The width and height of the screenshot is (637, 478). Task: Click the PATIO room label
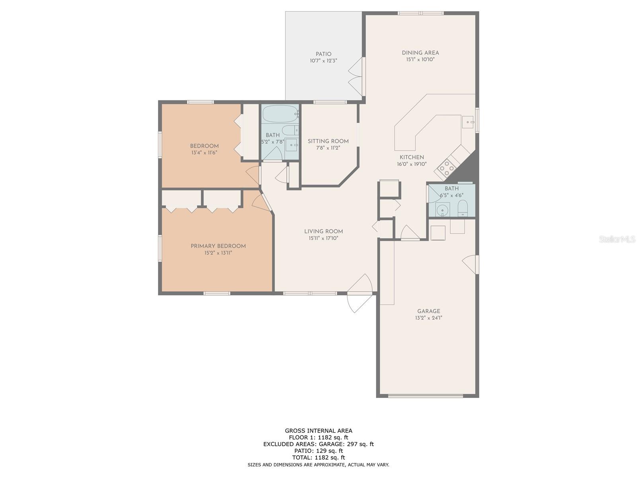tap(323, 54)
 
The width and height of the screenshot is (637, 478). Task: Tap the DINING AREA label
tap(420, 53)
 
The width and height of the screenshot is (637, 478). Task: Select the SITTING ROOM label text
tap(328, 141)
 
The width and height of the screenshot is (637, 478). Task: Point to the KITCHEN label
tap(412, 157)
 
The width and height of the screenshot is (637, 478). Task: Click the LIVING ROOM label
tap(324, 231)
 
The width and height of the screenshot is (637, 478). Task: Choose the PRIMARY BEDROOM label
tap(218, 246)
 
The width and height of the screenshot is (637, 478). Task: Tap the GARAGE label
tap(429, 311)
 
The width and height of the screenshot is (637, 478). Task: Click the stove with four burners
tap(446, 168)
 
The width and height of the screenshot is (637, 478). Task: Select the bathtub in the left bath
tap(280, 114)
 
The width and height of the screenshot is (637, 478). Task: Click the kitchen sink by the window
tap(467, 122)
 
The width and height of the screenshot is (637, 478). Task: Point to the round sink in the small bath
tap(442, 209)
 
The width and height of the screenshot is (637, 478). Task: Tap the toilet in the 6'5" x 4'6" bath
tap(463, 208)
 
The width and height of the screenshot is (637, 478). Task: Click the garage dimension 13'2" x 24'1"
tap(428, 318)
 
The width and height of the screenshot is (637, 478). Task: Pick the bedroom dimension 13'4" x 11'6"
tap(204, 153)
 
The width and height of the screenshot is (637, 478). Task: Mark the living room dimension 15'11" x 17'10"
tap(324, 238)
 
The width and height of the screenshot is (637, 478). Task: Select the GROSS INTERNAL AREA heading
tap(318, 431)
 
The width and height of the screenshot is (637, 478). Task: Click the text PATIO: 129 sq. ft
tap(318, 451)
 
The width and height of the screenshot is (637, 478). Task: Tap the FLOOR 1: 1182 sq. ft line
tap(318, 437)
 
